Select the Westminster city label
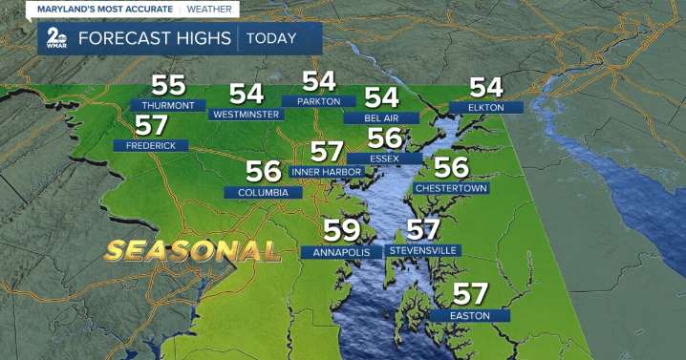click(247, 114)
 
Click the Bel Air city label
click(381, 117)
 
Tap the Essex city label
click(384, 158)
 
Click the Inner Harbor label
click(327, 172)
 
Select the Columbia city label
click(264, 192)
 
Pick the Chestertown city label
click(452, 188)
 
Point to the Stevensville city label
click(423, 250)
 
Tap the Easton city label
click(470, 315)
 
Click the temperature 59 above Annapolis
click(342, 231)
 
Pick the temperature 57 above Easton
click(470, 294)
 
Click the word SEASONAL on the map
click(192, 250)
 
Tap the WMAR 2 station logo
click(54, 39)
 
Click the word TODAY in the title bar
click(270, 39)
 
